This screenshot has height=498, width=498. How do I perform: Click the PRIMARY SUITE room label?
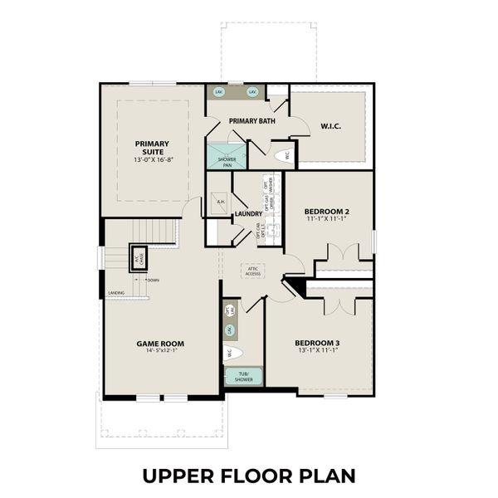[x=151, y=146]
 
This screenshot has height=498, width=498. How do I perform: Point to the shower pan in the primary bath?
[x=227, y=158]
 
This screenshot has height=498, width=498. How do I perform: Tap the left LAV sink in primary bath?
[x=219, y=91]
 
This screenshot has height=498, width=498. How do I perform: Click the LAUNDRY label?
[x=248, y=213]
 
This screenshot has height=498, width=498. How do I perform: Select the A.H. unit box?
[x=220, y=202]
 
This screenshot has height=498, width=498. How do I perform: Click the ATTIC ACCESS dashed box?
[x=252, y=271]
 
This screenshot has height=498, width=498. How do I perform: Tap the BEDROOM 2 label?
[x=327, y=212]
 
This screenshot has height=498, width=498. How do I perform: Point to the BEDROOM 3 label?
[x=317, y=343]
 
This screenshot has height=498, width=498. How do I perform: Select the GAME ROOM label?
[x=160, y=343]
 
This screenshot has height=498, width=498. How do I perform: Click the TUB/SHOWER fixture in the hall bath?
[x=243, y=376]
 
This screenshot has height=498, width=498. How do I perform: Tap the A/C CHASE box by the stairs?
[x=138, y=256]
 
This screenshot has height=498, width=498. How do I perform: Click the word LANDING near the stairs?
[x=115, y=292]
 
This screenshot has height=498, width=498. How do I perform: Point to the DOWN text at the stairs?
[x=153, y=280]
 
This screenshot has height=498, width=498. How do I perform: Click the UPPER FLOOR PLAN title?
[x=248, y=476]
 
